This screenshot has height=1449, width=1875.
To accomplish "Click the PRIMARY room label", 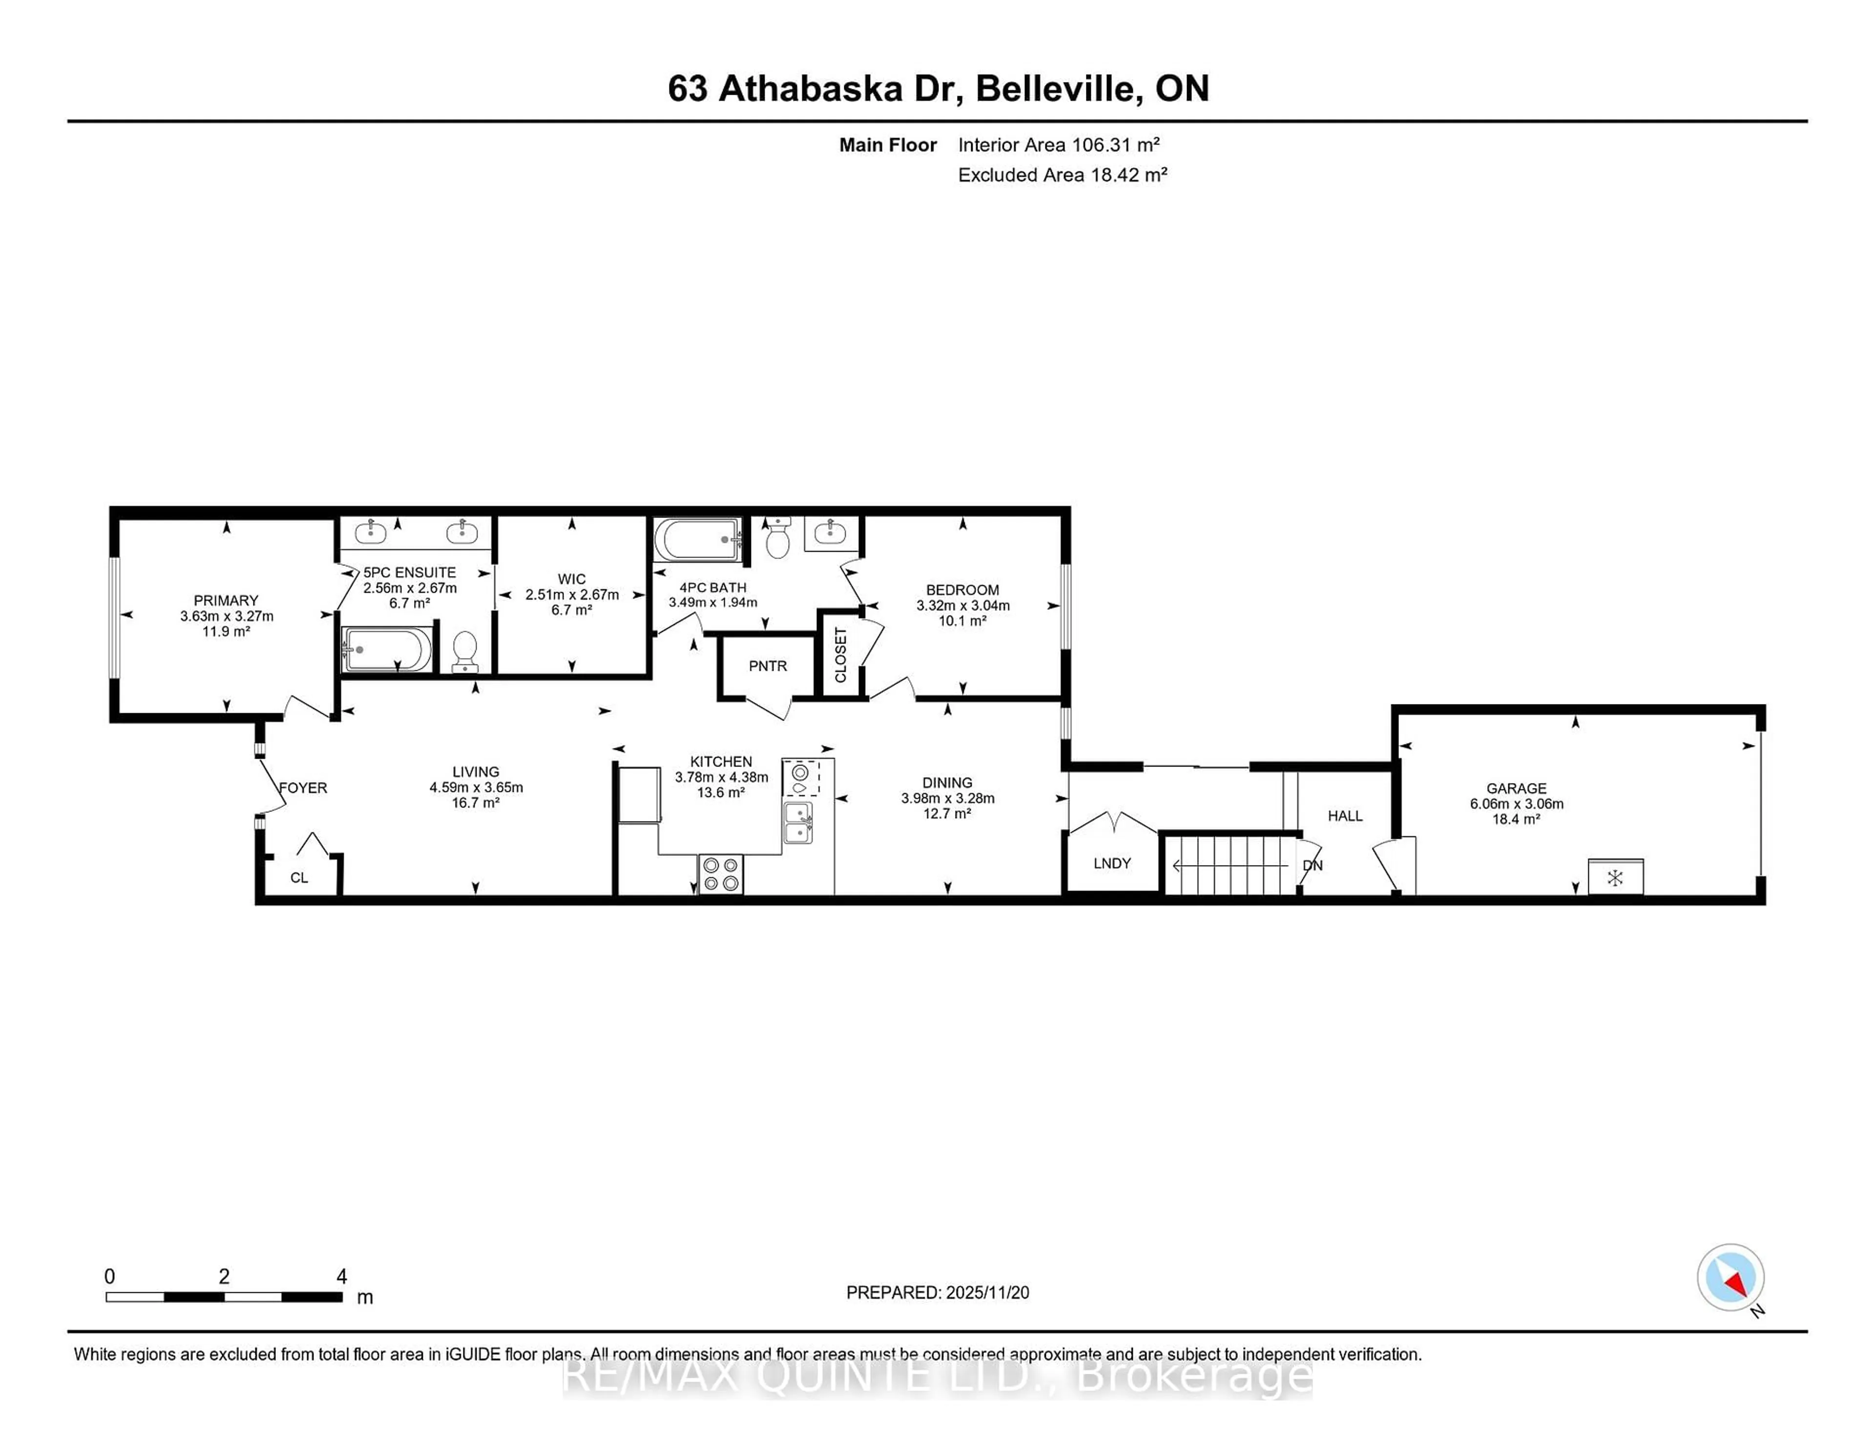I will (226, 600).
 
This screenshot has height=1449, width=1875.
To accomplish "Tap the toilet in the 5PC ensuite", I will (464, 652).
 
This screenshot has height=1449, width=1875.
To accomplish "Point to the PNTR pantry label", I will (768, 666).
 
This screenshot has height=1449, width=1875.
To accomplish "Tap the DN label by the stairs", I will (1312, 865).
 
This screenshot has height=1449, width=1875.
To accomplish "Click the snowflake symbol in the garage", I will (1615, 877).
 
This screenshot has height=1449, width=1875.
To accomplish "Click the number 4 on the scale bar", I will (342, 1277).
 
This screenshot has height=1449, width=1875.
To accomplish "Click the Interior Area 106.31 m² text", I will (1059, 145).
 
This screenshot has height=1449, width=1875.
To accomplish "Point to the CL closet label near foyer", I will (299, 877).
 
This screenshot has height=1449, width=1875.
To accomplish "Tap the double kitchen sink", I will (797, 822).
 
